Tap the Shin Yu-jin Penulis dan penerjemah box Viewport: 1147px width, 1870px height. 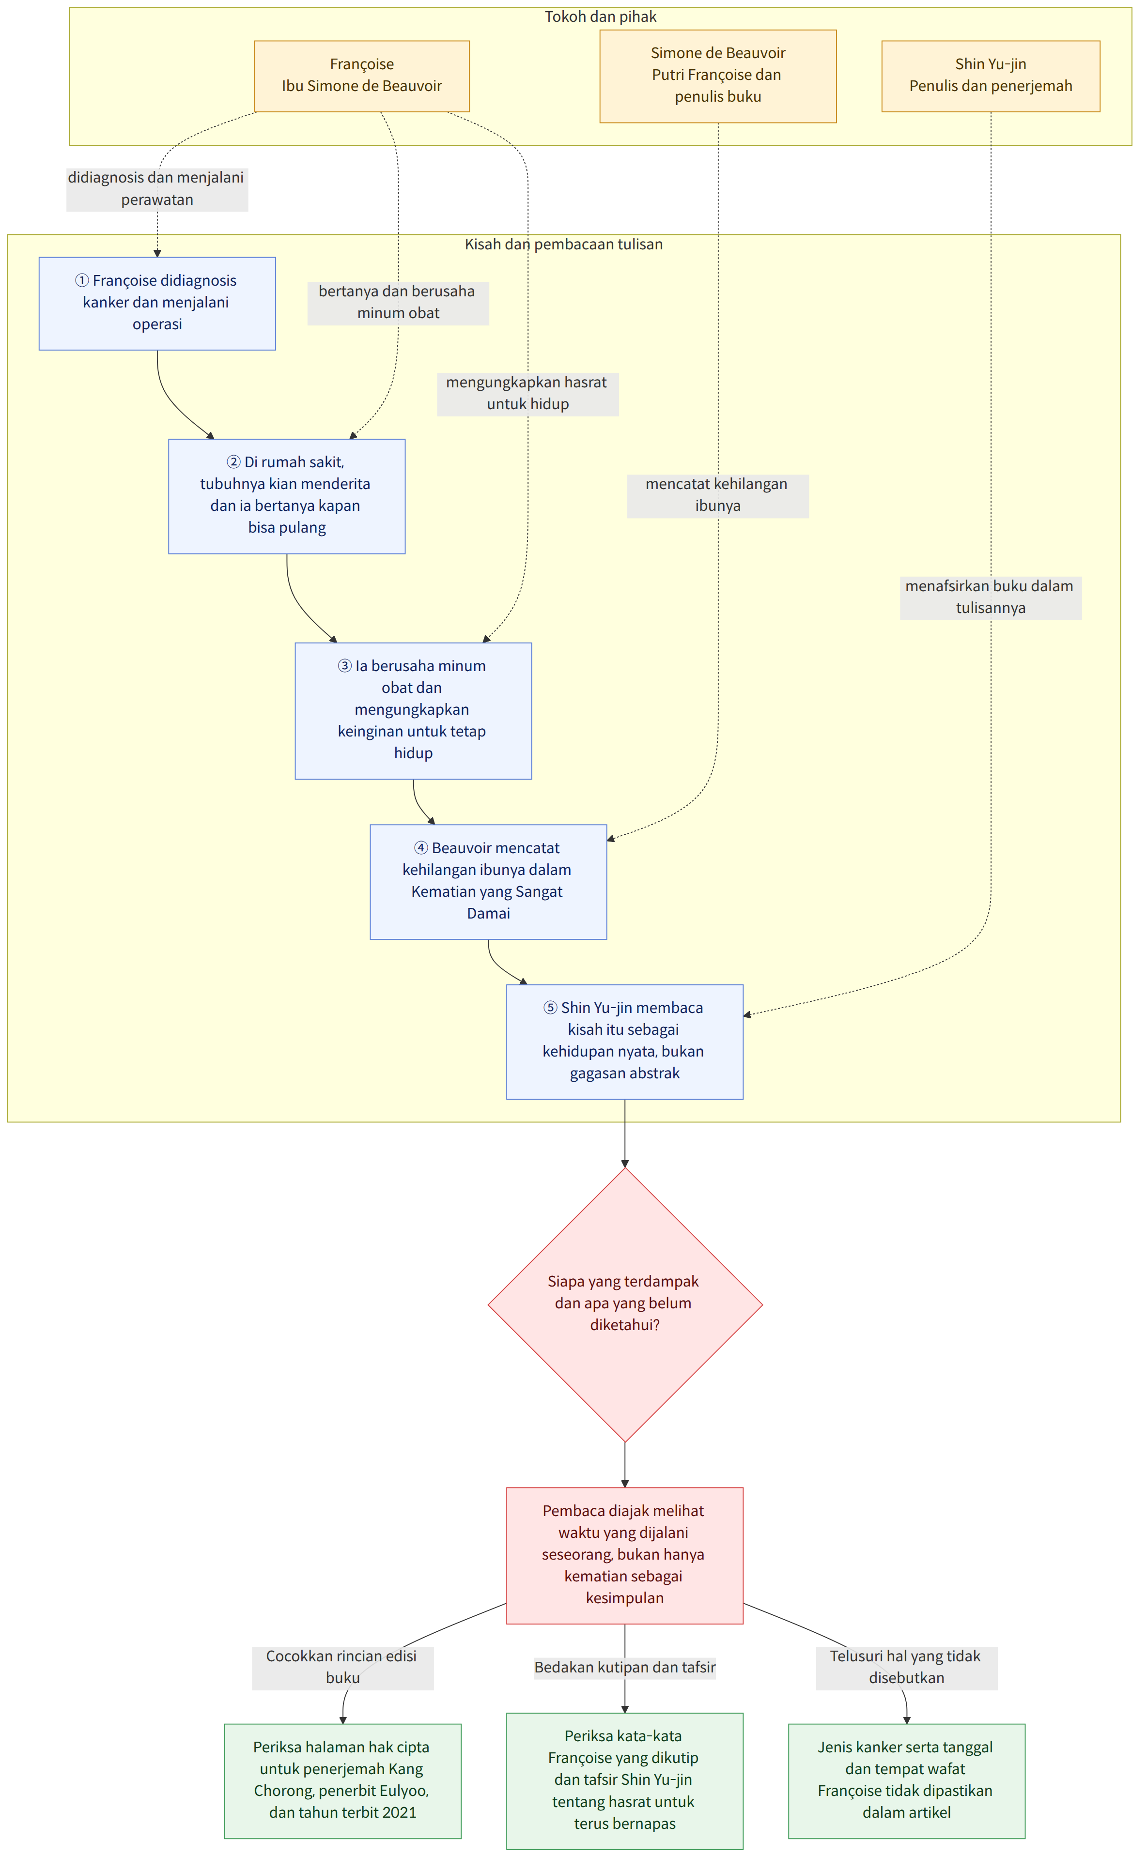tap(990, 76)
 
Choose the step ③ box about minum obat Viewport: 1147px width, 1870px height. tap(413, 710)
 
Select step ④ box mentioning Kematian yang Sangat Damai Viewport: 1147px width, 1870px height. tap(488, 881)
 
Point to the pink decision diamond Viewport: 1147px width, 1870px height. tap(625, 1304)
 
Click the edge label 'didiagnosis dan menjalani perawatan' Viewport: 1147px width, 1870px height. tap(157, 189)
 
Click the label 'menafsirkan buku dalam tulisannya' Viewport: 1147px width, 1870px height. tap(990, 598)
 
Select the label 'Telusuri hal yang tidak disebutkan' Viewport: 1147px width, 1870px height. tap(906, 1668)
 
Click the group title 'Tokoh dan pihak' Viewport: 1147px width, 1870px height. tap(601, 16)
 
